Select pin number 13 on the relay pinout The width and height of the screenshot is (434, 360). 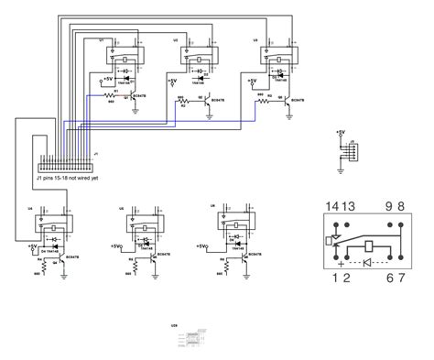click(x=348, y=206)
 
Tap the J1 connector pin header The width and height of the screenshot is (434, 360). click(x=67, y=166)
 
